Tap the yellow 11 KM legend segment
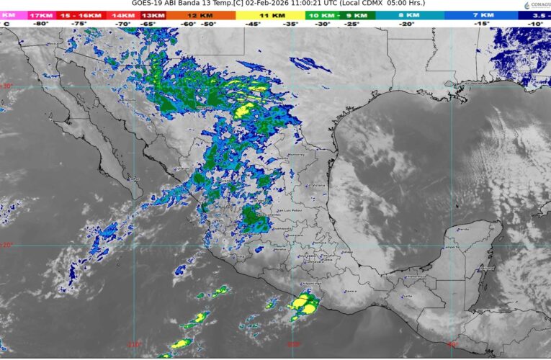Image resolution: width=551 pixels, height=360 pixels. [x=272, y=14]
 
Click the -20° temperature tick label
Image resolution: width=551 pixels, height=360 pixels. [x=408, y=23]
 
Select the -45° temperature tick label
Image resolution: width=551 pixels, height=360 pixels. [x=254, y=23]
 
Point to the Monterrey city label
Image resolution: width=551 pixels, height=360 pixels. [x=296, y=156]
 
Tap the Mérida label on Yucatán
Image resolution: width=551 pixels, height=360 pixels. [x=463, y=229]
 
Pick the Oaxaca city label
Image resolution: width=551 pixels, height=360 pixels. [x=351, y=292]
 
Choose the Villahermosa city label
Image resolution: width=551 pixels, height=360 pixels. [x=416, y=276]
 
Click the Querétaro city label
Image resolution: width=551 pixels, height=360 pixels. [x=294, y=235]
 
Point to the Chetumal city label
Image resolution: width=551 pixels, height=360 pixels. [x=487, y=268]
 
